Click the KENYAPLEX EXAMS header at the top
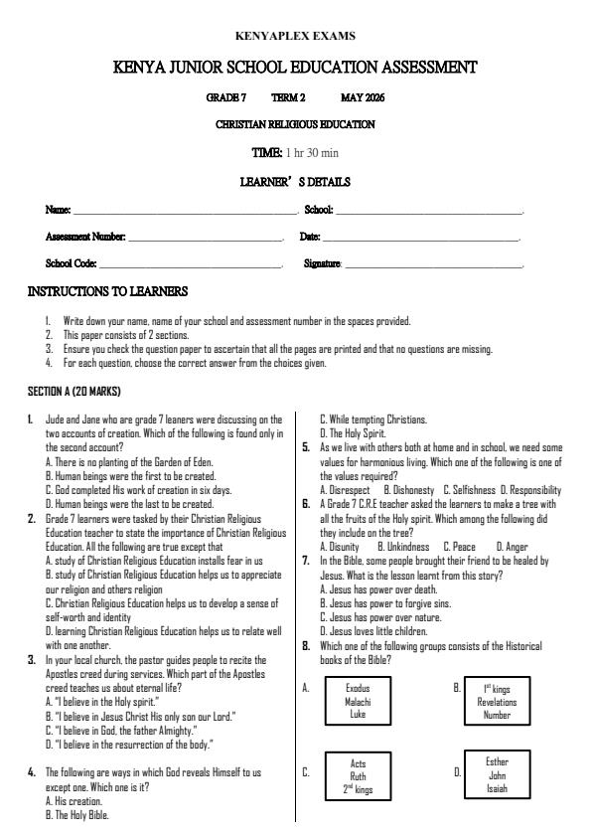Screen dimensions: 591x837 295,36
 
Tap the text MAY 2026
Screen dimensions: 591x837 363,97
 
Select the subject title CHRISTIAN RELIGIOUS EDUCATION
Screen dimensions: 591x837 295,124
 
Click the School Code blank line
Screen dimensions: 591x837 191,265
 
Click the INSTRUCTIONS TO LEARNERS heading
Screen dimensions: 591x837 107,292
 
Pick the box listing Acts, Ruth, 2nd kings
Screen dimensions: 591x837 358,776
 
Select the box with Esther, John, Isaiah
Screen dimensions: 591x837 497,774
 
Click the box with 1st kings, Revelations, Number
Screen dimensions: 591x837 497,701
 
